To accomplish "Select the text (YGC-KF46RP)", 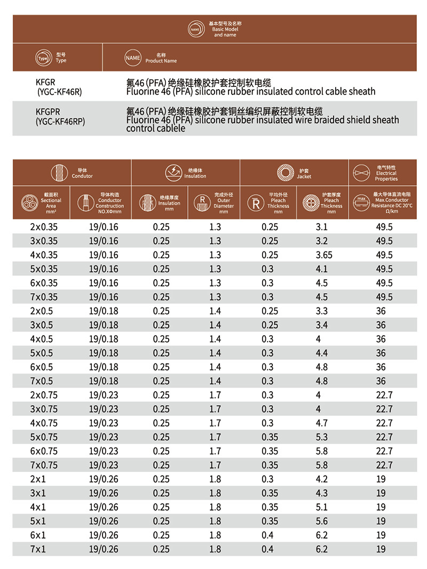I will (60, 121).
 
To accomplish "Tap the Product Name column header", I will (161, 58).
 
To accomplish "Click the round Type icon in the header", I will (42, 58).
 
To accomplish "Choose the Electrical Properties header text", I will (386, 176).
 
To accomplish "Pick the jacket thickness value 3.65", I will (322, 255).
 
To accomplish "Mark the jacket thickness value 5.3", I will (322, 437).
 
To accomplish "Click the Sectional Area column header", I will (51, 203).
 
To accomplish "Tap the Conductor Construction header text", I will (109, 203).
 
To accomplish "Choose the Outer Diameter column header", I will (224, 203).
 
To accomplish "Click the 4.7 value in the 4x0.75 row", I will (322, 423).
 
